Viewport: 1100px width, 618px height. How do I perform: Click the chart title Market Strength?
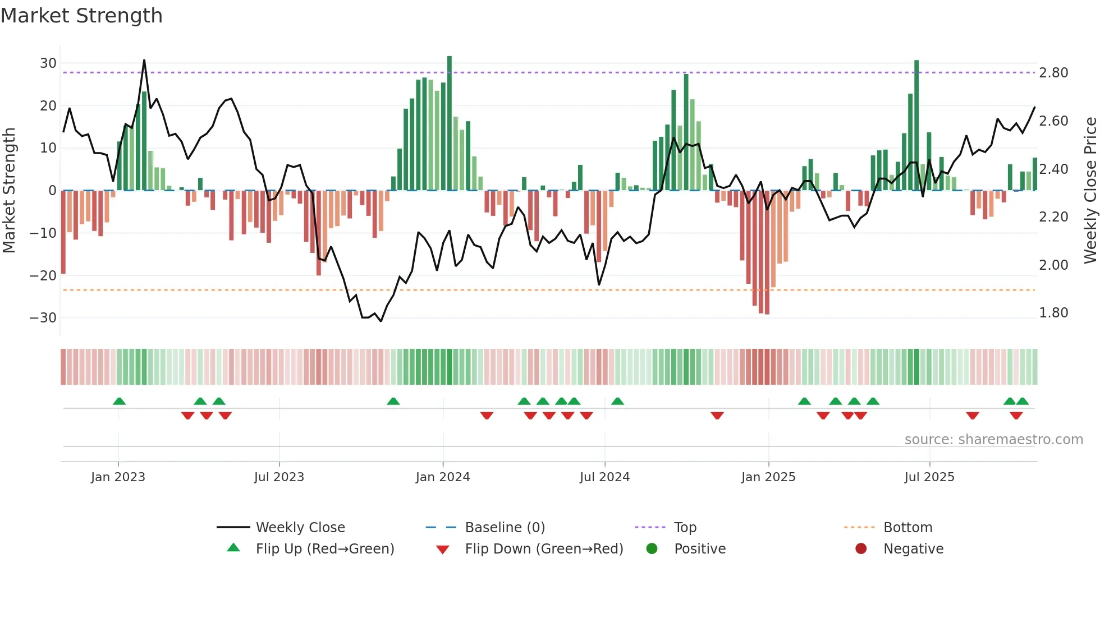(x=82, y=16)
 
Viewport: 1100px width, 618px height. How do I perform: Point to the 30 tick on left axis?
(x=48, y=63)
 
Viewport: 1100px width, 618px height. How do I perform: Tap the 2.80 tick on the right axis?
(x=1053, y=73)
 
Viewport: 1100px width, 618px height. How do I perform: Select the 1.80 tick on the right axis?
(x=1053, y=313)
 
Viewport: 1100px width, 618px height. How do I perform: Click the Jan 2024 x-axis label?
(x=443, y=477)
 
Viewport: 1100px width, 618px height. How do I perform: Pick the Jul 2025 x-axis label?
(x=929, y=477)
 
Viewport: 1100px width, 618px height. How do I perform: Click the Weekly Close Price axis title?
(x=1090, y=190)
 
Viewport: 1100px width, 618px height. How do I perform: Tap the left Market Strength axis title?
(x=9, y=190)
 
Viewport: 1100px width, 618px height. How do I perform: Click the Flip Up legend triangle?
(x=233, y=548)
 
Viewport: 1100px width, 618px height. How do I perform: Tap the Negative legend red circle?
(x=861, y=548)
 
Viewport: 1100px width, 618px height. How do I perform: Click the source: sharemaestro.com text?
(x=993, y=440)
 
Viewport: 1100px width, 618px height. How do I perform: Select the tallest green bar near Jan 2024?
(x=450, y=123)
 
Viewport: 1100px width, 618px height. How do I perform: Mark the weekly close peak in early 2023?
(x=144, y=60)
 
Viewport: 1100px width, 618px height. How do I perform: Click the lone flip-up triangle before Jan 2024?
(x=393, y=402)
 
